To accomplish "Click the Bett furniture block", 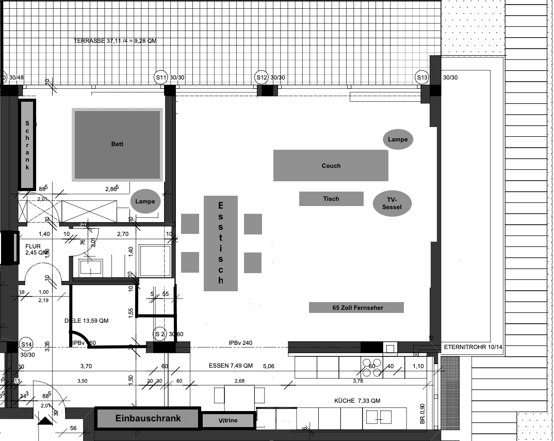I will [x=117, y=144].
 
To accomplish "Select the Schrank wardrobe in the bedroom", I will [x=27, y=144].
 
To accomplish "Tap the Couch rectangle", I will [x=331, y=165].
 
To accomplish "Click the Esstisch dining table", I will [x=221, y=243].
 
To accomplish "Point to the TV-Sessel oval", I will [x=392, y=203].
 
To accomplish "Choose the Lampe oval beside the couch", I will [x=398, y=139].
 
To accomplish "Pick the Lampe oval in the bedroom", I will [x=145, y=201].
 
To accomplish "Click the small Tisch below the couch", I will [x=331, y=199].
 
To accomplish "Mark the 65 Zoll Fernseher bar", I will [x=356, y=308].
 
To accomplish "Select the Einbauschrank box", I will [x=148, y=418].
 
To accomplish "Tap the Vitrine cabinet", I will [x=228, y=420].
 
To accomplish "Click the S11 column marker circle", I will [x=161, y=77].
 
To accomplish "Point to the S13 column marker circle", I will [x=422, y=77].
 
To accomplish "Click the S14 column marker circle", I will [x=26, y=344].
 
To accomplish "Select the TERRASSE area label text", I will [x=115, y=41].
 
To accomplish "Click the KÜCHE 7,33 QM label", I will [x=357, y=401].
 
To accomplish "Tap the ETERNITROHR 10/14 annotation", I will [x=472, y=348].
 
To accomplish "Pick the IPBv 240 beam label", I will [x=240, y=343].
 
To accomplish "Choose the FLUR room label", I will [x=33, y=246].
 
